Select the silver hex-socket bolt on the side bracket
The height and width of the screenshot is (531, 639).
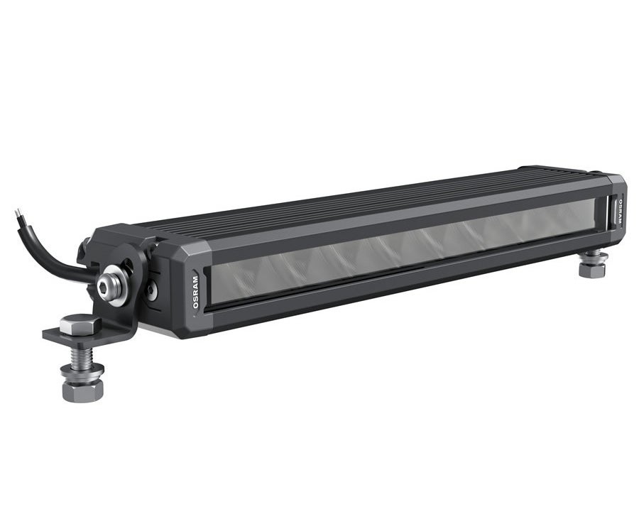[111, 282]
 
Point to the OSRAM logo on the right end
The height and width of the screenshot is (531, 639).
[618, 210]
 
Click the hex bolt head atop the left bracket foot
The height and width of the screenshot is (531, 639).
[73, 324]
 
